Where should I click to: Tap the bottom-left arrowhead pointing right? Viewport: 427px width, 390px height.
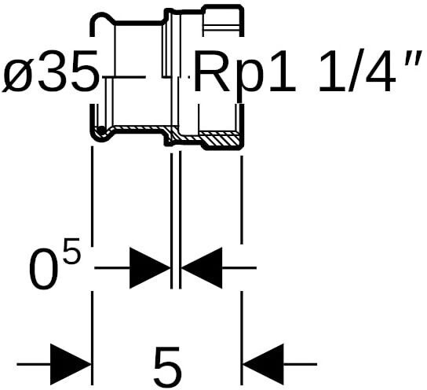[x=71, y=364]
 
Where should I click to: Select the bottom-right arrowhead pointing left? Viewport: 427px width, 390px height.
[x=263, y=364]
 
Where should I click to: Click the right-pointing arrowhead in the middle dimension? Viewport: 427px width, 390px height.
[x=150, y=268]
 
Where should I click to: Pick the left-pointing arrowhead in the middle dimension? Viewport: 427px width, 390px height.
[x=202, y=268]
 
